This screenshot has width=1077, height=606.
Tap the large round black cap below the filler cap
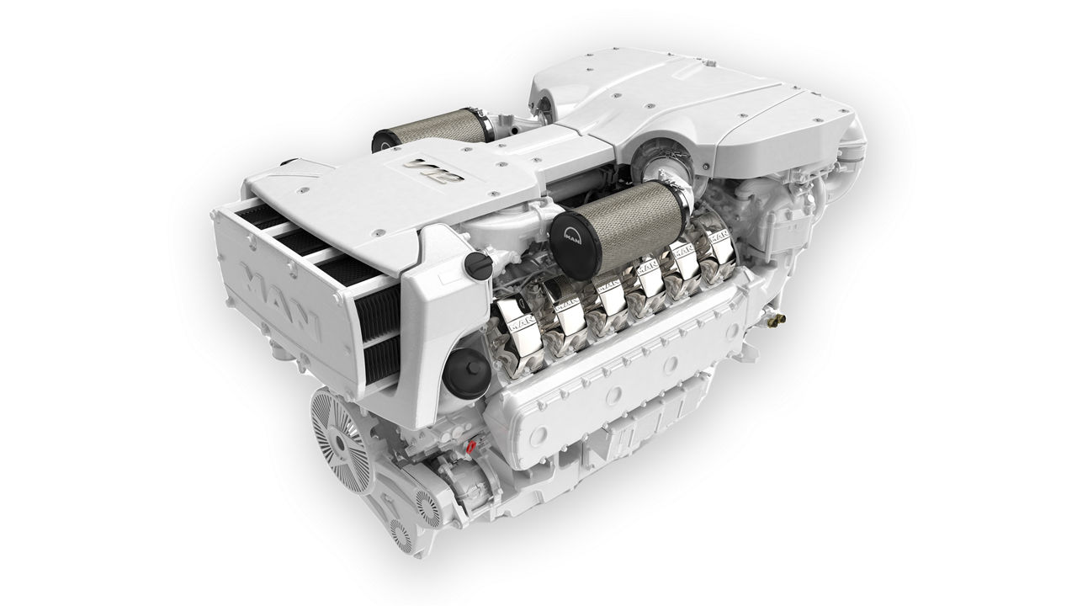tap(463, 375)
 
